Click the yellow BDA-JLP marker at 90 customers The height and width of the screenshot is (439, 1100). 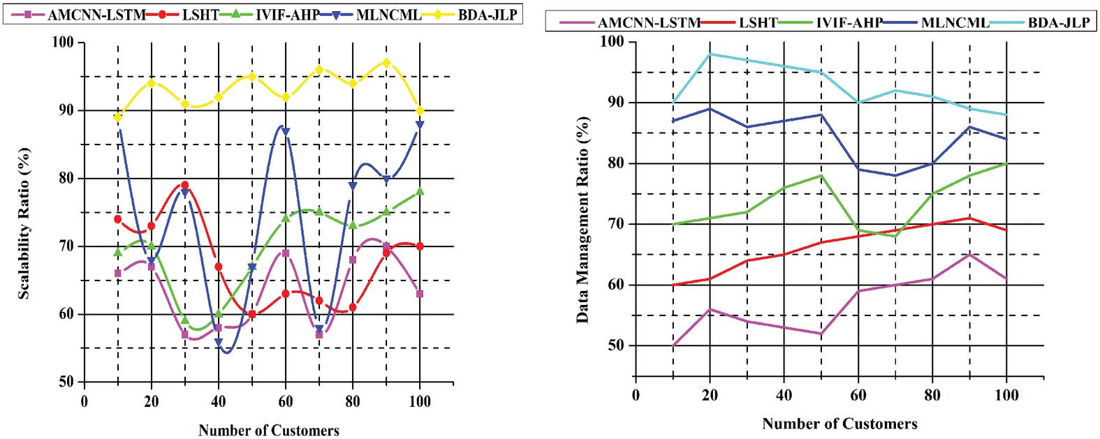[386, 63]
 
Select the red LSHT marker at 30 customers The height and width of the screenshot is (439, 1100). [185, 185]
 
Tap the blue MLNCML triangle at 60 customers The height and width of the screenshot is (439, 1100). [286, 131]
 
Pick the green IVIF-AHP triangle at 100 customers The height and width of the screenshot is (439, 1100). [420, 191]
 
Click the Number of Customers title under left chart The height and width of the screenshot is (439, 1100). [269, 430]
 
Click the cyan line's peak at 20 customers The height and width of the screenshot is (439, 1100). [710, 54]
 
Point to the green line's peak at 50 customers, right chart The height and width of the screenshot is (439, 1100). [821, 175]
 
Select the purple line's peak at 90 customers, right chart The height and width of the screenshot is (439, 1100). [969, 255]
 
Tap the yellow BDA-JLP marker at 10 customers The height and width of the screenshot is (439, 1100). [118, 117]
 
